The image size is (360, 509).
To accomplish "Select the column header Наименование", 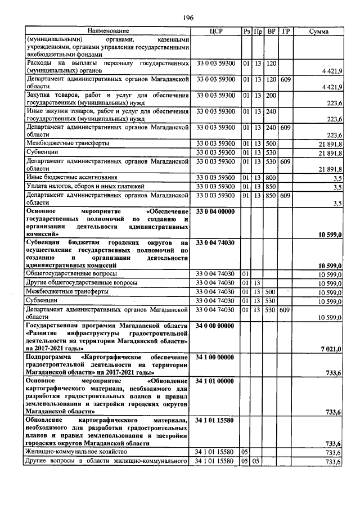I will coord(108,30).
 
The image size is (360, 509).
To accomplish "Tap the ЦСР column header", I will coord(217,30).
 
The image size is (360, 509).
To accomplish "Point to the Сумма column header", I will coord(319,30).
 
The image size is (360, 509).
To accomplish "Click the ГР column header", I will coord(285,30).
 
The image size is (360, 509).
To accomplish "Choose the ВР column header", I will coord(271,30).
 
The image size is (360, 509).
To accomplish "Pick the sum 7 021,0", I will coord(332,349).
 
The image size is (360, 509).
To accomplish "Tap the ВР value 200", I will coord(271,95).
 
